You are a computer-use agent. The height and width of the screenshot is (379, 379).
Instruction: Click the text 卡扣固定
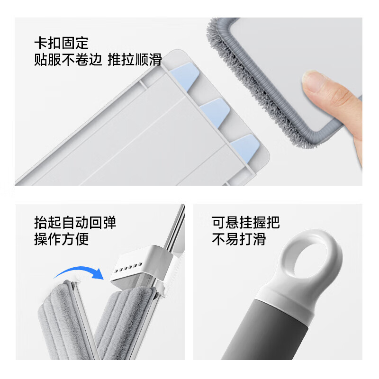point(61,43)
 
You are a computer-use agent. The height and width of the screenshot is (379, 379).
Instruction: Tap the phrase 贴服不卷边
point(68,60)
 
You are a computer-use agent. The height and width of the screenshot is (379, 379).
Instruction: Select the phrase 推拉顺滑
point(135,60)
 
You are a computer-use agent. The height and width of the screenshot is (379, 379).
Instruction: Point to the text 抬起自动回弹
point(75,222)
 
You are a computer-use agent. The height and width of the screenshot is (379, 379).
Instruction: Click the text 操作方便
point(61,239)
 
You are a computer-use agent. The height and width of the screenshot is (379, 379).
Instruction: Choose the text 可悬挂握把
point(245,222)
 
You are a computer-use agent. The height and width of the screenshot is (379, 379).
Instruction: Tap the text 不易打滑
point(238,239)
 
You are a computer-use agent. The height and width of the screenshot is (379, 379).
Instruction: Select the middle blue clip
point(215,112)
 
